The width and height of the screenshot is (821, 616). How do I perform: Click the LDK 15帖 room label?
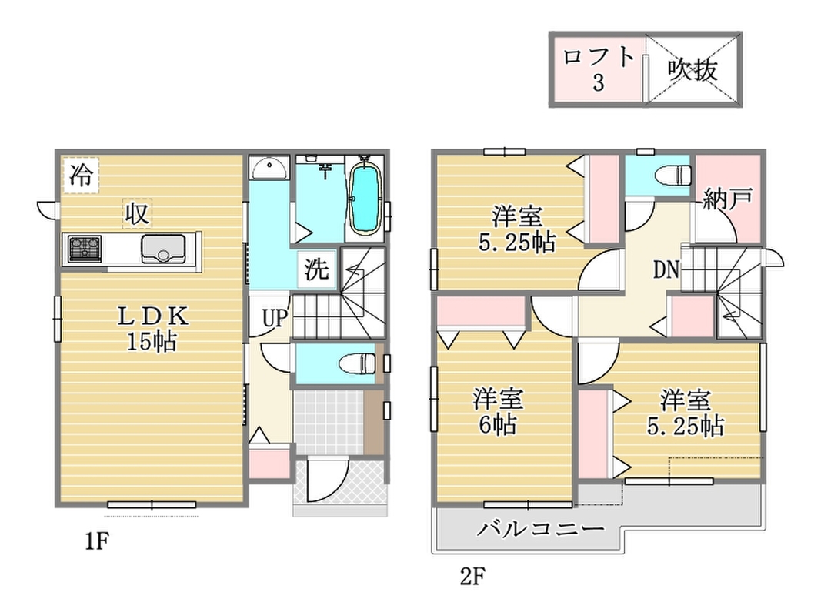click(152, 328)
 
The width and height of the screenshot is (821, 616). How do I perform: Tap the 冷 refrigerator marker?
click(81, 175)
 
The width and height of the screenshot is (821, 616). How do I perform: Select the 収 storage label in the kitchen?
click(137, 213)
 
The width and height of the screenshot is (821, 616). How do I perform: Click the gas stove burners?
click(85, 249)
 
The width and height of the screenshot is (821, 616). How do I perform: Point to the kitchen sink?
click(163, 248)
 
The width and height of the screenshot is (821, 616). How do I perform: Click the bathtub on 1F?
click(365, 199)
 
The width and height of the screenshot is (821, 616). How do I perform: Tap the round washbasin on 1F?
click(269, 169)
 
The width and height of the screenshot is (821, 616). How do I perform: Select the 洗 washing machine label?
click(317, 269)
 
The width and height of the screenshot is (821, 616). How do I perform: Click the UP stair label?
click(275, 317)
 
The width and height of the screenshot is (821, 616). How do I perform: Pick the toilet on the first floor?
click(357, 363)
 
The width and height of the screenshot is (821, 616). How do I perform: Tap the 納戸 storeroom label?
click(727, 199)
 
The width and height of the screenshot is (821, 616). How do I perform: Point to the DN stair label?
click(666, 269)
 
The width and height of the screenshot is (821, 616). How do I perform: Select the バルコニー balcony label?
click(540, 529)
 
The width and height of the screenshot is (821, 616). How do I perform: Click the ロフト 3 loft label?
click(599, 69)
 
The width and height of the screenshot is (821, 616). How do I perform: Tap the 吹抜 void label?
click(693, 69)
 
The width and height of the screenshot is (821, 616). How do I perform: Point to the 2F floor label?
click(472, 577)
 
